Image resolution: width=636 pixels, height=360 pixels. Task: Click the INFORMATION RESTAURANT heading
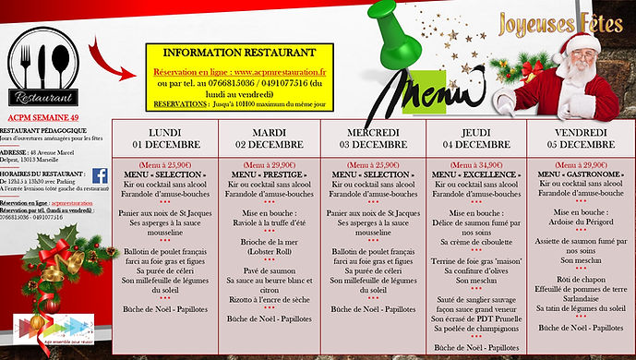point(236,53)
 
